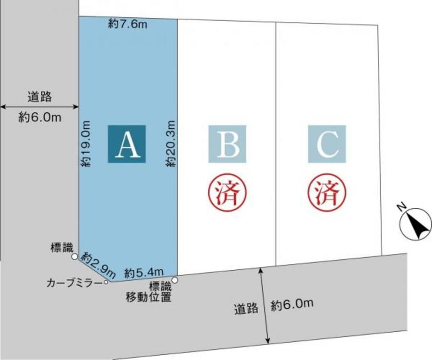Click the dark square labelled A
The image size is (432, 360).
coord(127,144)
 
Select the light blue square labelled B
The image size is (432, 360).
coord(227,143)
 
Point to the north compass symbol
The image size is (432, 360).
coord(415,224)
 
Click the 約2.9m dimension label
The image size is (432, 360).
coord(98,264)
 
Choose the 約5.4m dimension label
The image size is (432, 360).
coord(144,274)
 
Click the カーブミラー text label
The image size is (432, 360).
coord(74,283)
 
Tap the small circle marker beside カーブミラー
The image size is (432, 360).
coord(106,282)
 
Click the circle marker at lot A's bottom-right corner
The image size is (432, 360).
coord(175,280)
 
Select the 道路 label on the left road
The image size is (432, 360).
coord(39,97)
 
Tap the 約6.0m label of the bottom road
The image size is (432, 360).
coord(292,304)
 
